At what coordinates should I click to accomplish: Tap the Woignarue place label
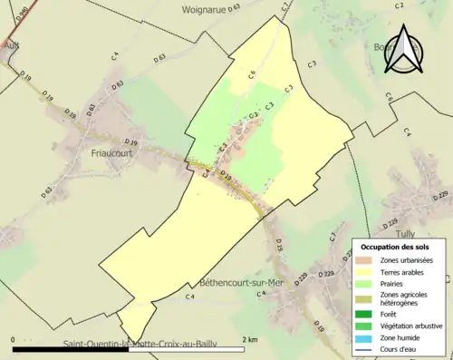208,7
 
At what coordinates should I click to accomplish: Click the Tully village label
430,234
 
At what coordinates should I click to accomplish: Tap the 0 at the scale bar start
14,338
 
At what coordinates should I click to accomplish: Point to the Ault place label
11,44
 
